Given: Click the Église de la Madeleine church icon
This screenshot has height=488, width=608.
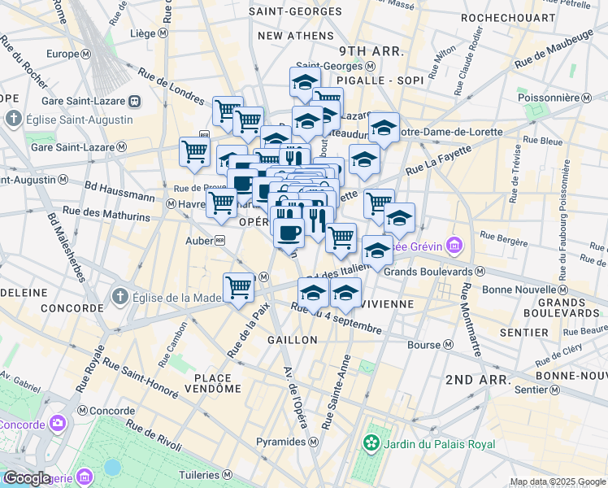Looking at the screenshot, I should coord(120,296).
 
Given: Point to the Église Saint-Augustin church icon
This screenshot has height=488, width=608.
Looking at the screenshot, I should coord(14,120).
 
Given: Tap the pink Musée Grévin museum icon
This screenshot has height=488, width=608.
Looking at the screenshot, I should coord(454,244).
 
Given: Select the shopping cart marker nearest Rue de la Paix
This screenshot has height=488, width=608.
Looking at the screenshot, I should coord(238,286).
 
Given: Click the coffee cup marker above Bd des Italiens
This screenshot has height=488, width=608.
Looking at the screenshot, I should coord(288,233).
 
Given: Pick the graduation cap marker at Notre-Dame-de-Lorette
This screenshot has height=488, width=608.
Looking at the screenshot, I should coord(384,127).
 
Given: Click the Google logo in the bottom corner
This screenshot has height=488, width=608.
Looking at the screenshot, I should coord(27,477).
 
